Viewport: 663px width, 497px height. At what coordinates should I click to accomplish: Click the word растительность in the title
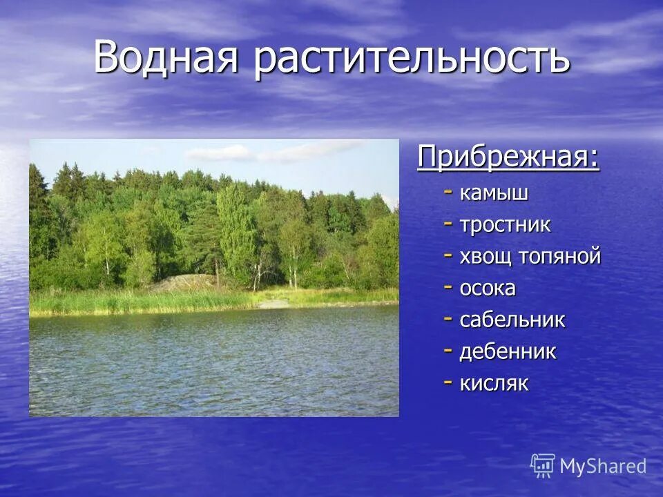click(x=412, y=57)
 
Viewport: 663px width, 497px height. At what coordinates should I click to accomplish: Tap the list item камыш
click(x=494, y=194)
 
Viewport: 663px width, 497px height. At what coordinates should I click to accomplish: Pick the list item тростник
click(x=506, y=225)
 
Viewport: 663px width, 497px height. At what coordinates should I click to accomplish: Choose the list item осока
click(x=488, y=289)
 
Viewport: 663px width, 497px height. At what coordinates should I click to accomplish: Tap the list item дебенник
click(x=508, y=352)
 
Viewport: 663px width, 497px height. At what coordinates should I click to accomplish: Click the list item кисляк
click(x=494, y=384)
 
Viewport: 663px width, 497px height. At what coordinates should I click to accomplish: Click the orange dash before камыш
click(x=449, y=193)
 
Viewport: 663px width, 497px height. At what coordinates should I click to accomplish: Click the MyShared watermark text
click(x=603, y=467)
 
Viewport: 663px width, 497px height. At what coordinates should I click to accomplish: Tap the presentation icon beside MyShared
click(x=543, y=466)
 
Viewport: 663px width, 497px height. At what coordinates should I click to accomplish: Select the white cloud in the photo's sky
click(x=221, y=153)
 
